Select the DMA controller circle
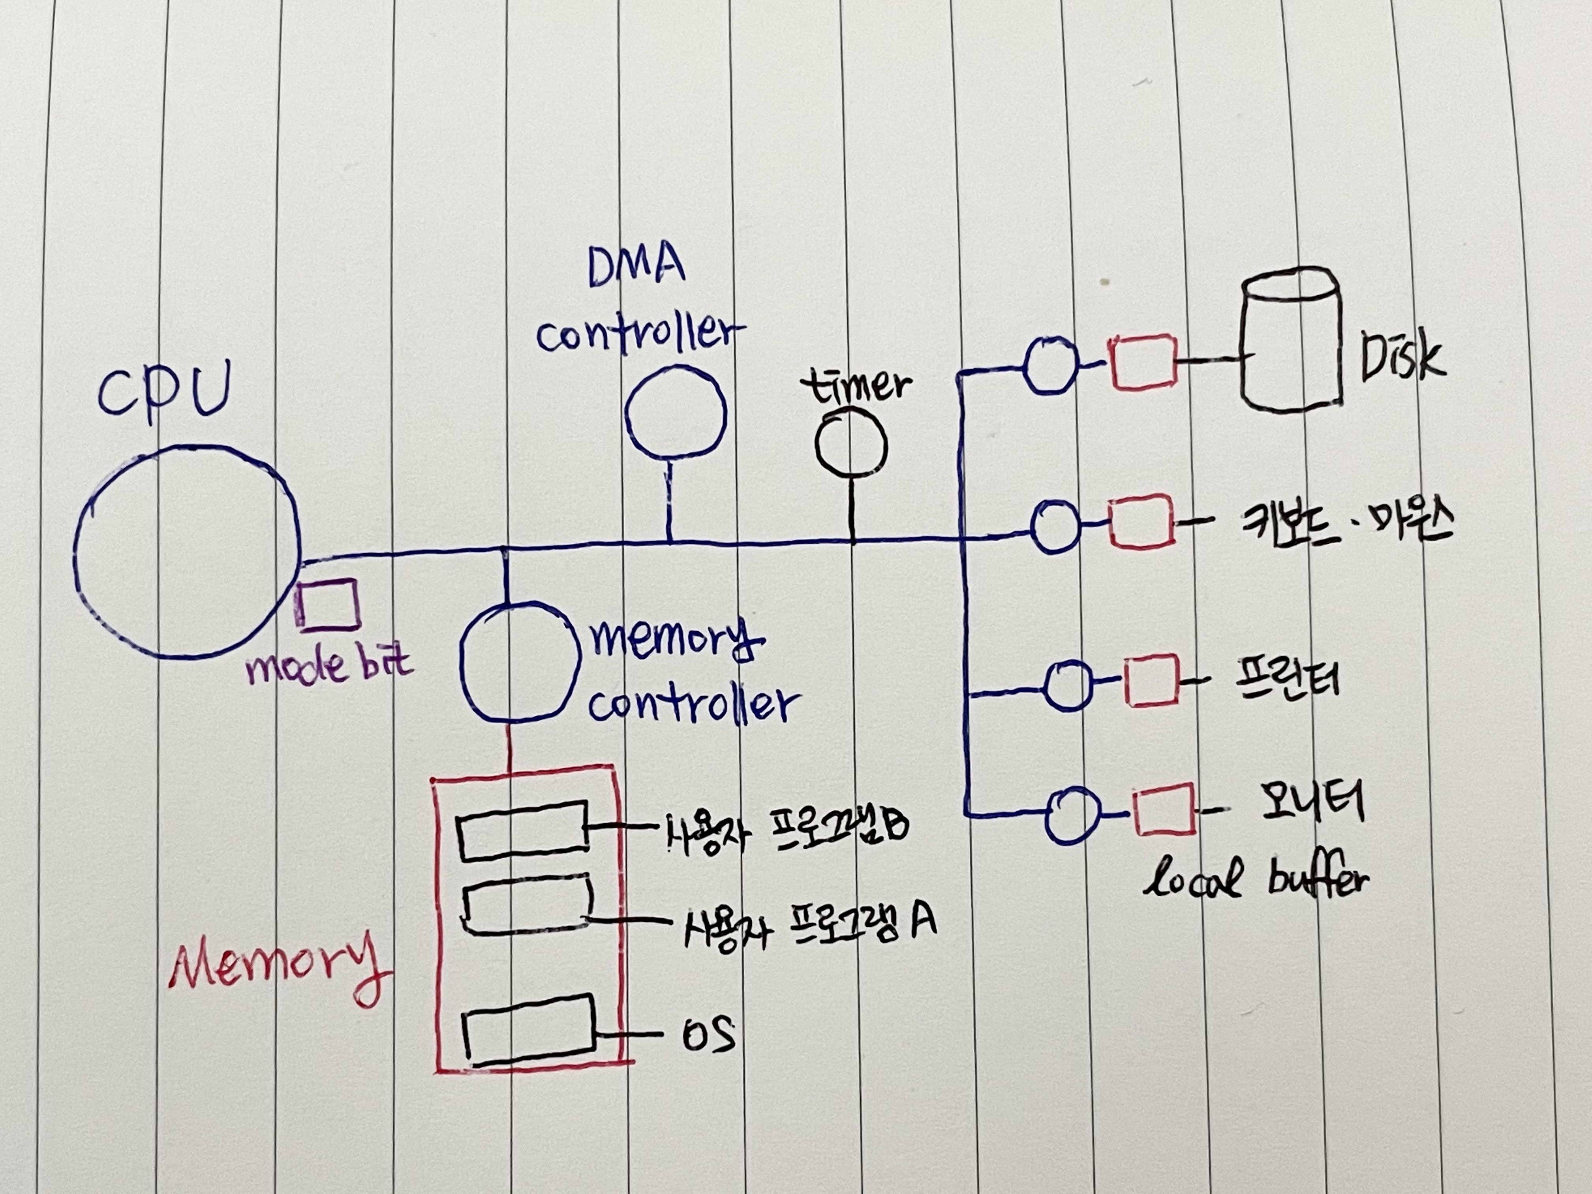(675, 412)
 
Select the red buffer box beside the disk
(1143, 362)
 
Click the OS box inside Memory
(529, 1030)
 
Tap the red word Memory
(277, 965)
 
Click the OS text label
(708, 1035)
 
